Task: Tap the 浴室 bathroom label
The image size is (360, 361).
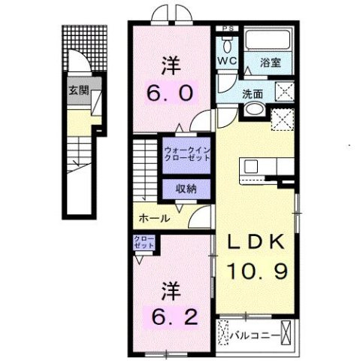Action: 271,64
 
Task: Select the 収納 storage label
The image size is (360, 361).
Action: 186,190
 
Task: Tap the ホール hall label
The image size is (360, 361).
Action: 154,219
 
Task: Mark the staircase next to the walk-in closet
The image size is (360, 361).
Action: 146,169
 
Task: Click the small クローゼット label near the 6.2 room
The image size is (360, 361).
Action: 144,242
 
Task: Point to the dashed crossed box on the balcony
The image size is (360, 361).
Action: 223,332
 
